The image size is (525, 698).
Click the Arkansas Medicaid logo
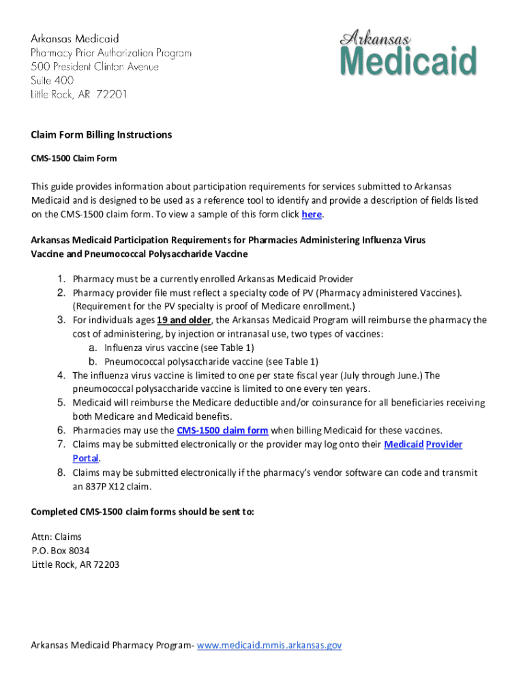tap(407, 54)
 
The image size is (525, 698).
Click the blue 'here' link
tap(312, 214)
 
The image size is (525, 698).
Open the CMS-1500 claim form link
tap(222, 430)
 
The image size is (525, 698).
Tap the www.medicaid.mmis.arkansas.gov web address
tap(269, 644)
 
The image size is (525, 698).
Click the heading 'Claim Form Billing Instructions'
tap(102, 135)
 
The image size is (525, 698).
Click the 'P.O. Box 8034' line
tap(61, 550)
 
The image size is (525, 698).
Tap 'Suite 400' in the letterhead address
tap(52, 80)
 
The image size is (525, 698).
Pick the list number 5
tap(60, 403)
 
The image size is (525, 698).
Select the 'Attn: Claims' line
tap(57, 536)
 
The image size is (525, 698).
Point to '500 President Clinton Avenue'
tap(95, 67)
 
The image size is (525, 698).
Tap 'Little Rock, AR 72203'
tap(76, 564)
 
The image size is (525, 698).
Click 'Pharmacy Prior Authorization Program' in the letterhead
tap(111, 52)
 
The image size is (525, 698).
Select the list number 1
tap(60, 279)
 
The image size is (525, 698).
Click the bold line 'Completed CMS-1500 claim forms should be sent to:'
tap(142, 512)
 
